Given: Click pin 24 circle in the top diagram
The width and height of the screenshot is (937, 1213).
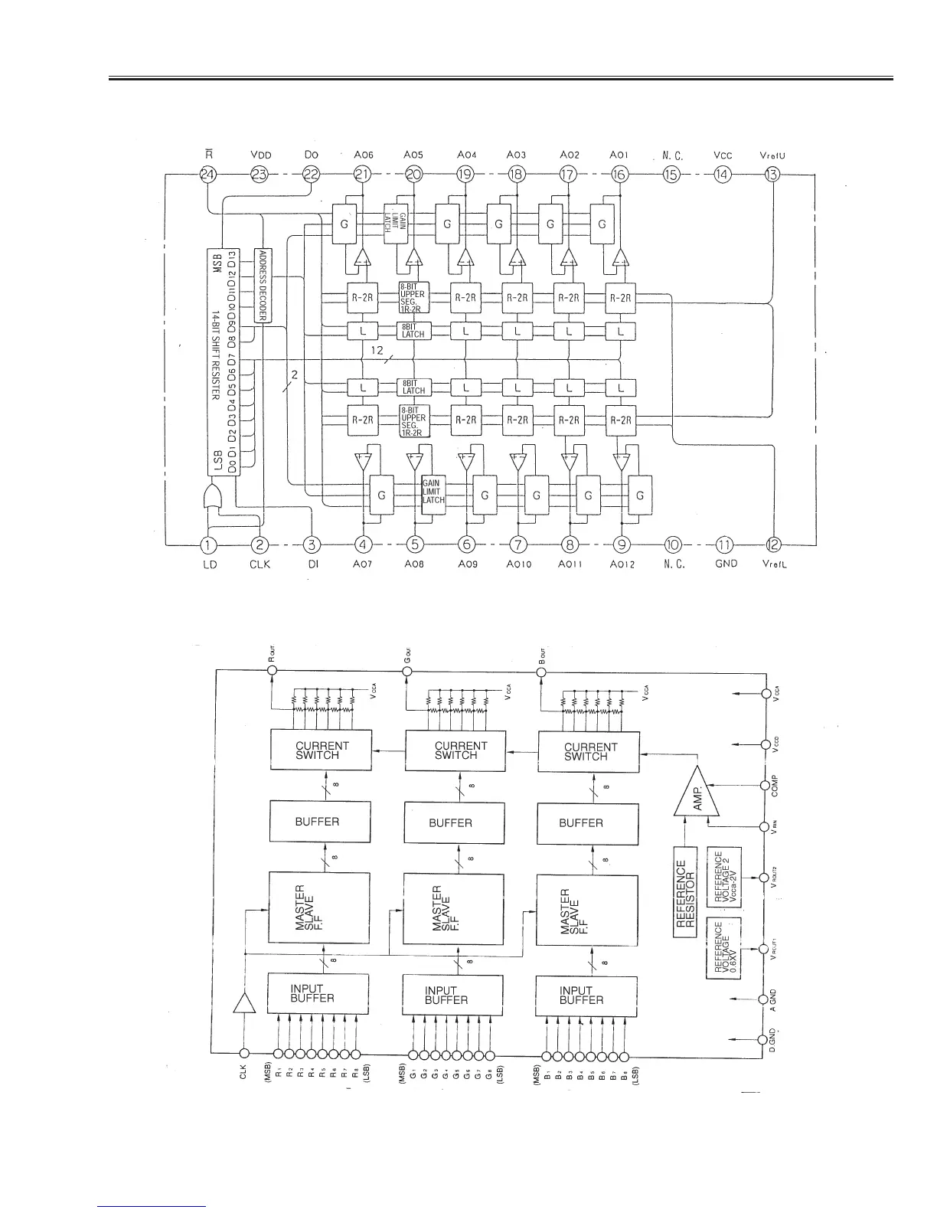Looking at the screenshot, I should click(208, 174).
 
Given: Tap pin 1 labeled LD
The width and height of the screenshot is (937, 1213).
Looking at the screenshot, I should click(208, 544).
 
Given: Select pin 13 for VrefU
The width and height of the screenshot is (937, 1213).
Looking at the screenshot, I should click(773, 174).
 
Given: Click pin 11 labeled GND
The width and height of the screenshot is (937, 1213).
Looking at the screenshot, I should click(724, 544).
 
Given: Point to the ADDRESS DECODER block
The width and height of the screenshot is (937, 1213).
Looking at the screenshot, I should click(263, 285).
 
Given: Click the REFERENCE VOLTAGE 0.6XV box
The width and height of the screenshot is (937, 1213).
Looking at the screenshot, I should click(722, 947).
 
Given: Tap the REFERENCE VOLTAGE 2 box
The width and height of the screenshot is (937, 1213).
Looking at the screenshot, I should click(722, 878).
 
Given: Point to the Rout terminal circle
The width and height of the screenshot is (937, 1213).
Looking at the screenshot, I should click(272, 672).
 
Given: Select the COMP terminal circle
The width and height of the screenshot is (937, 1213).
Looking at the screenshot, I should click(764, 785).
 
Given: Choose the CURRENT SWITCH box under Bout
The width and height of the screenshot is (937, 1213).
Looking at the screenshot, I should click(589, 751).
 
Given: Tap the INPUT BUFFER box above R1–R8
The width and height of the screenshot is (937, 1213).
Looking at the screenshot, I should click(318, 993).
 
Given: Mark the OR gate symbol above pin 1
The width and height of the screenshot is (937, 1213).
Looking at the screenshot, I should click(214, 498).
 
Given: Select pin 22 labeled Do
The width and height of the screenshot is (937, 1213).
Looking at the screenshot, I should click(311, 174).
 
